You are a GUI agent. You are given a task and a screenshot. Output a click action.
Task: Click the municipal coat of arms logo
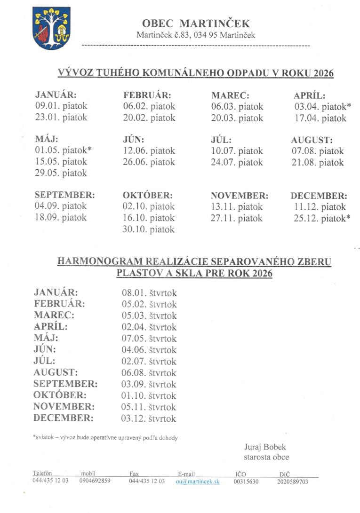[x=51, y=28]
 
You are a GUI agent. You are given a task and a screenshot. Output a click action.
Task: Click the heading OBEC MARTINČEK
[x=196, y=24]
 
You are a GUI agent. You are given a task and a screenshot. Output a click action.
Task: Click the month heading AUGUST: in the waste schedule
[x=312, y=140]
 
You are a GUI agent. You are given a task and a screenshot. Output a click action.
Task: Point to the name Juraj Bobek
[x=264, y=447]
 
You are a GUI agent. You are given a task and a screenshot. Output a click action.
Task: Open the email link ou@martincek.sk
[x=198, y=481]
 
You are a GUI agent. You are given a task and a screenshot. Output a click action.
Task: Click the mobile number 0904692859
[x=95, y=481]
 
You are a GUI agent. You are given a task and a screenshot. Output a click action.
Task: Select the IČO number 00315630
[x=246, y=481]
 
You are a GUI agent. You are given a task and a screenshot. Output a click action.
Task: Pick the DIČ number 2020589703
[x=293, y=481]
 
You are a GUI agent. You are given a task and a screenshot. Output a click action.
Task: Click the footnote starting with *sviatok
[x=105, y=438]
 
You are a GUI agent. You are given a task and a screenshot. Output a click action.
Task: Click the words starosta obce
[x=266, y=457]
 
